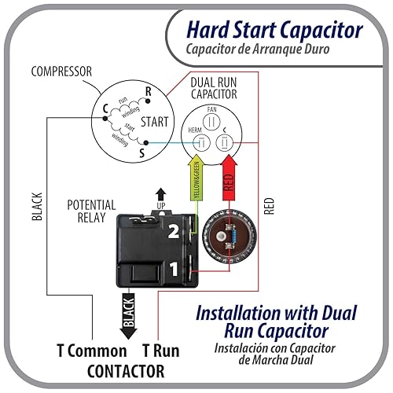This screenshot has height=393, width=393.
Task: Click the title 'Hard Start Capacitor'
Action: [x=274, y=31]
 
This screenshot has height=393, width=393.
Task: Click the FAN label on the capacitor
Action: [x=210, y=110]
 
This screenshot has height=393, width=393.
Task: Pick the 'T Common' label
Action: [x=90, y=350]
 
